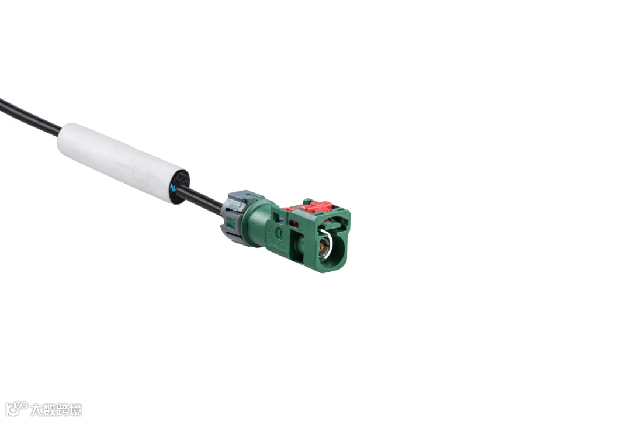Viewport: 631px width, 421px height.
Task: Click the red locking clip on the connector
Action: (309, 206)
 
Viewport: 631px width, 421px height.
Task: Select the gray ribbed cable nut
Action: (236, 218)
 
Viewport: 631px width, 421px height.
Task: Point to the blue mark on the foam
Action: (173, 187)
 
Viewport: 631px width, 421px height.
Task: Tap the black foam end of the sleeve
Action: (179, 187)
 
